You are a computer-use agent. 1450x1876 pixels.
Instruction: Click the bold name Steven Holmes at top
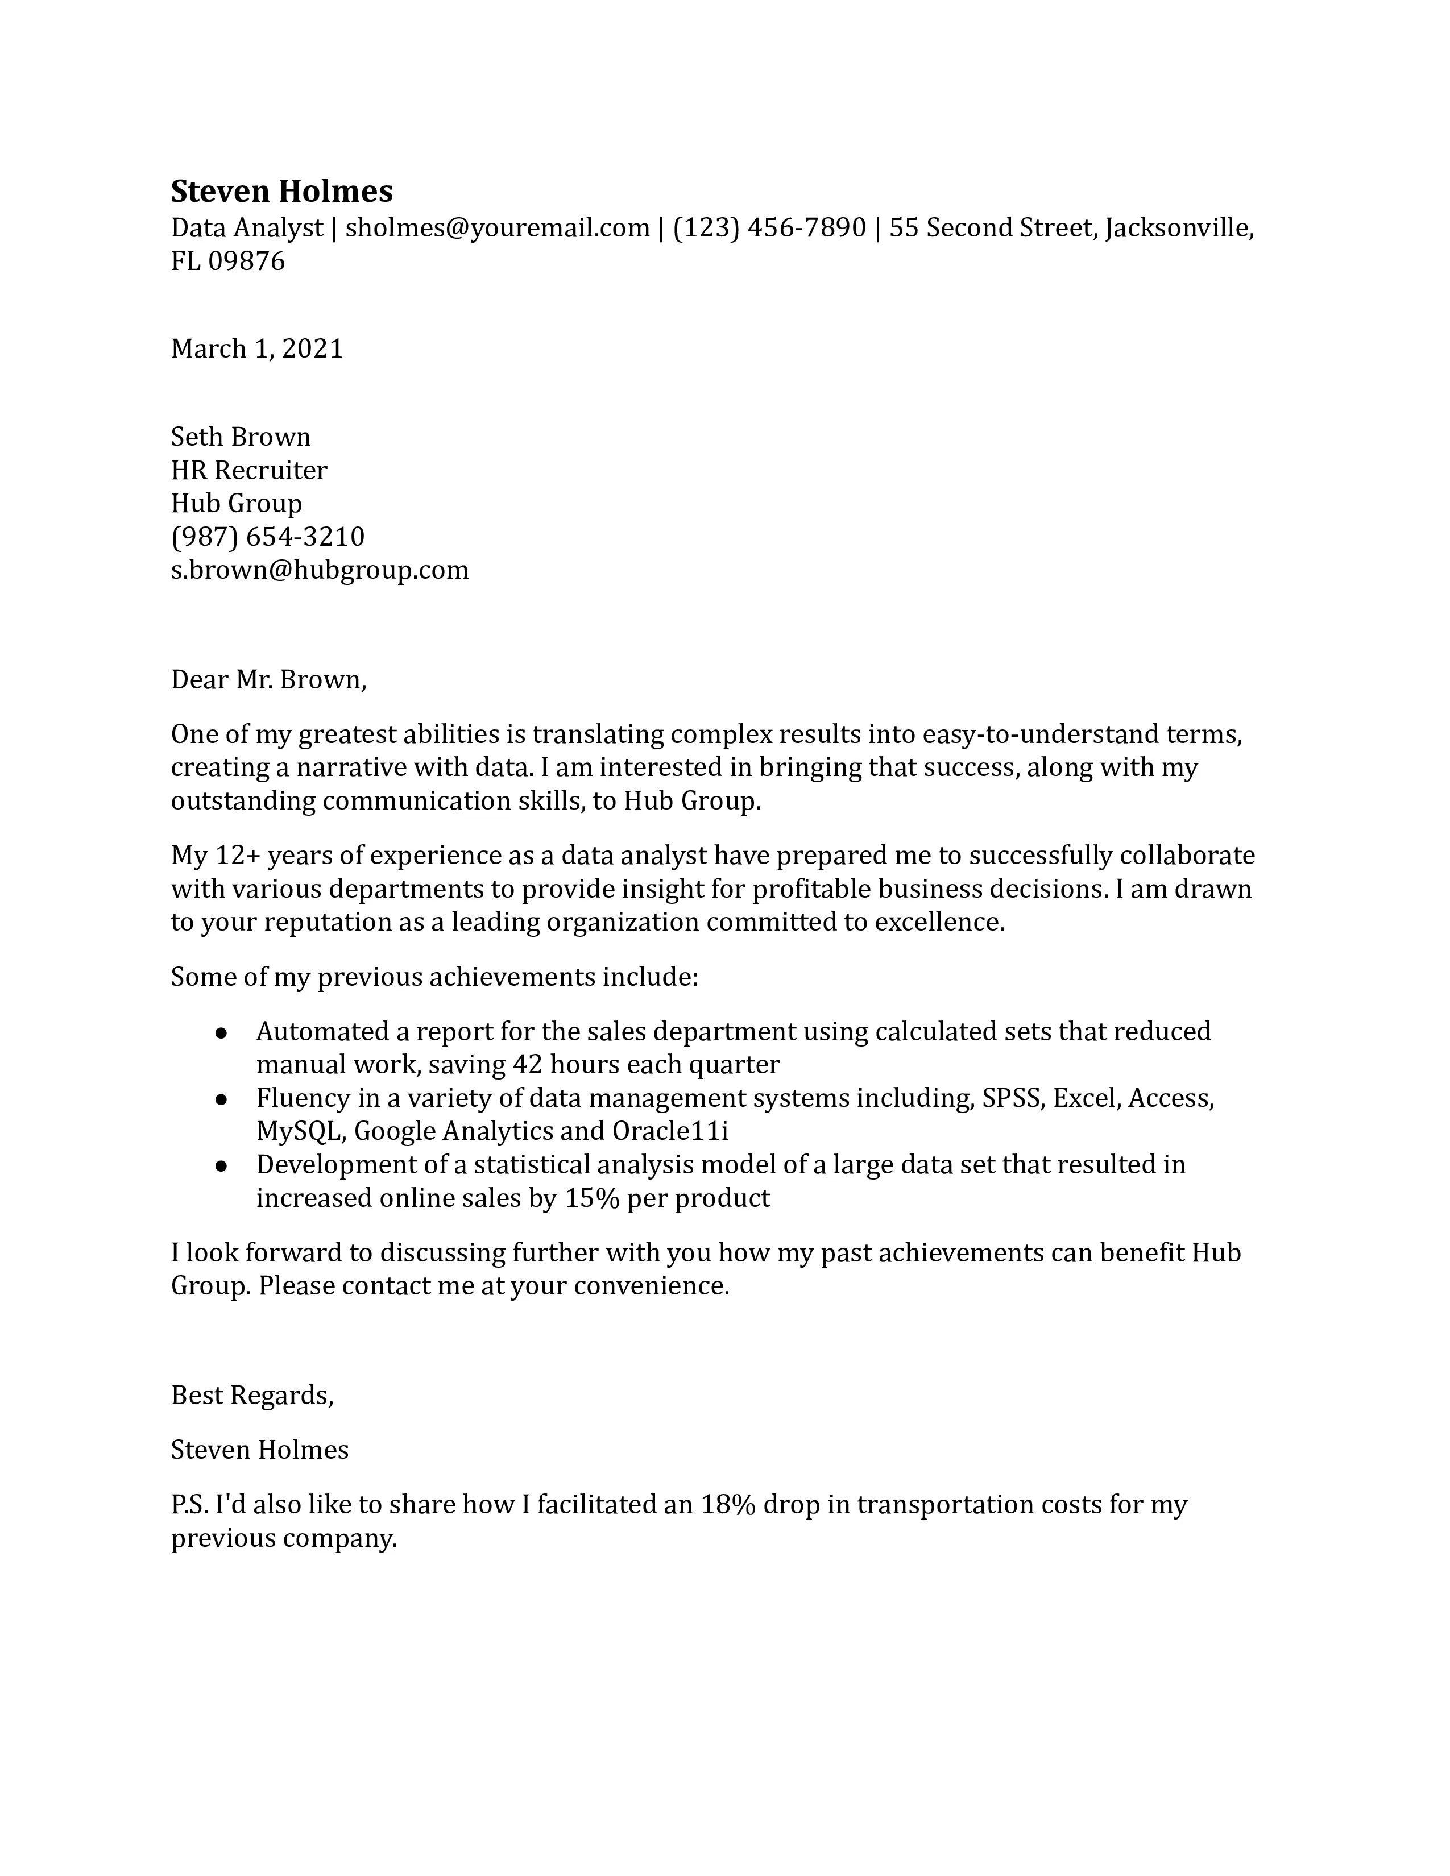(x=281, y=190)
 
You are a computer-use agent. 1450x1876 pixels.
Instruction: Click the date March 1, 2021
(x=257, y=348)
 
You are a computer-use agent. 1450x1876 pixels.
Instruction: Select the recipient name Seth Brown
(x=241, y=437)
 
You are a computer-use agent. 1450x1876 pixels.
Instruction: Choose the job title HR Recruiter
(x=249, y=471)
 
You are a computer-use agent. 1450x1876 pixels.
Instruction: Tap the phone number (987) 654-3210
(x=268, y=537)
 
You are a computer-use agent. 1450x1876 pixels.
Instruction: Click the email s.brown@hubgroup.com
(x=320, y=570)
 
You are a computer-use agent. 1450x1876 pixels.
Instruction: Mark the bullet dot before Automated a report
(x=221, y=1032)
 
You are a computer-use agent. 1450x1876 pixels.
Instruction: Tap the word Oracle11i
(x=670, y=1131)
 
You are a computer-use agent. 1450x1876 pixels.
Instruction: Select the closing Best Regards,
(x=252, y=1395)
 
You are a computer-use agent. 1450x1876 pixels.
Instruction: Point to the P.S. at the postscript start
(x=189, y=1505)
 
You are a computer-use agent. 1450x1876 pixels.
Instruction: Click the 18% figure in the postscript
(x=728, y=1505)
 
